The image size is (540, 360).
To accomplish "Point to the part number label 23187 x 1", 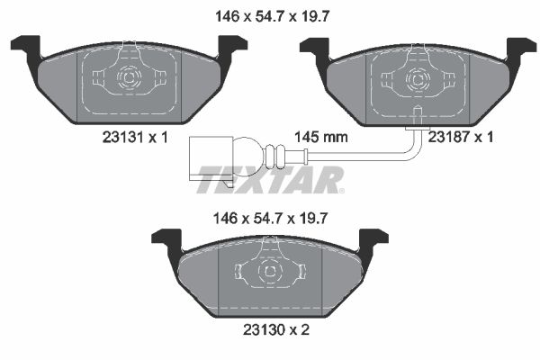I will coord(461,137).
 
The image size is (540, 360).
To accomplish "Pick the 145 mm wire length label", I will coord(321,138).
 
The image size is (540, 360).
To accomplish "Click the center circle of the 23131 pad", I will coord(128,79).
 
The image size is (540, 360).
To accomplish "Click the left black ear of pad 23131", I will coord(26,46).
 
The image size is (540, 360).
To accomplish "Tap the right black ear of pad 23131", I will coord(232,46).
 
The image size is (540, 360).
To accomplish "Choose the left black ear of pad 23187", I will coord(315,46).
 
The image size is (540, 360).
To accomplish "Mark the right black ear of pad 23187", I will coord(521,46).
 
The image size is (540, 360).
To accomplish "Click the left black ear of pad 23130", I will coord(167,239).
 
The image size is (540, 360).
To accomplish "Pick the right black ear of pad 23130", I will coord(373,239).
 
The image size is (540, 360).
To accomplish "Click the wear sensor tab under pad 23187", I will coord(417,115).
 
